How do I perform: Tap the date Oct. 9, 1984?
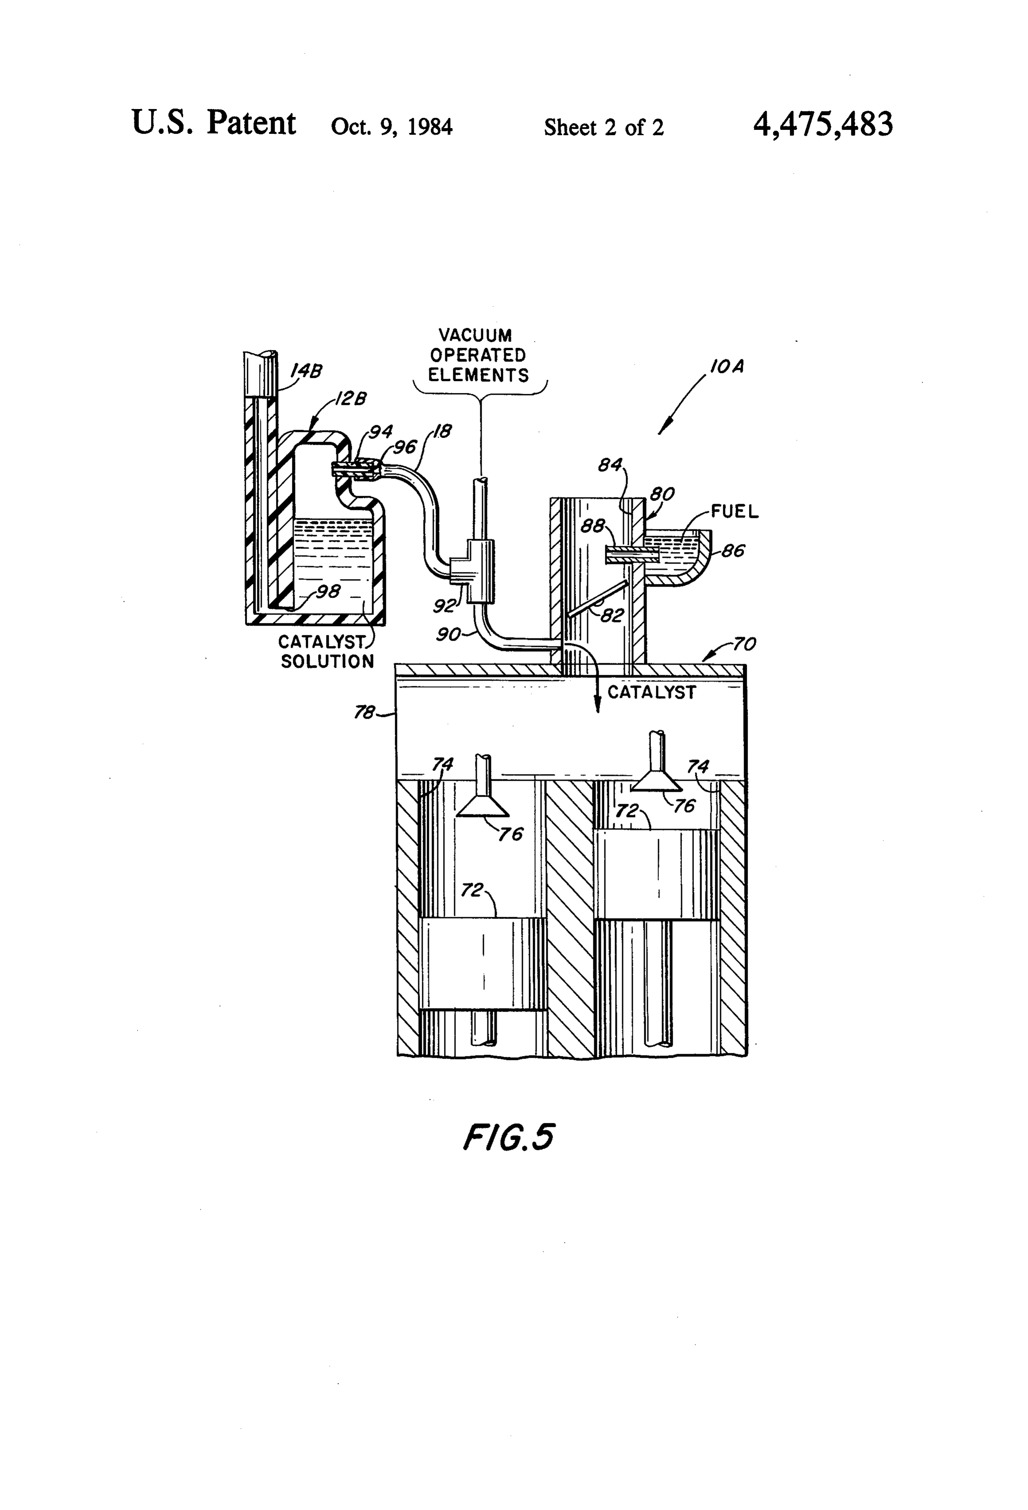392,126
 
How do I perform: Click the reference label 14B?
306,371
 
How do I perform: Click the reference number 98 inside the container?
328,591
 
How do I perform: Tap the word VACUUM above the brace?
475,335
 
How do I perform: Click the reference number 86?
733,551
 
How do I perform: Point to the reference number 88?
592,525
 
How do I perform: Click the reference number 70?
745,644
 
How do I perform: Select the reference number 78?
365,713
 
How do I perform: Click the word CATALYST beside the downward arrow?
652,693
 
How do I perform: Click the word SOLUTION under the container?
327,662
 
